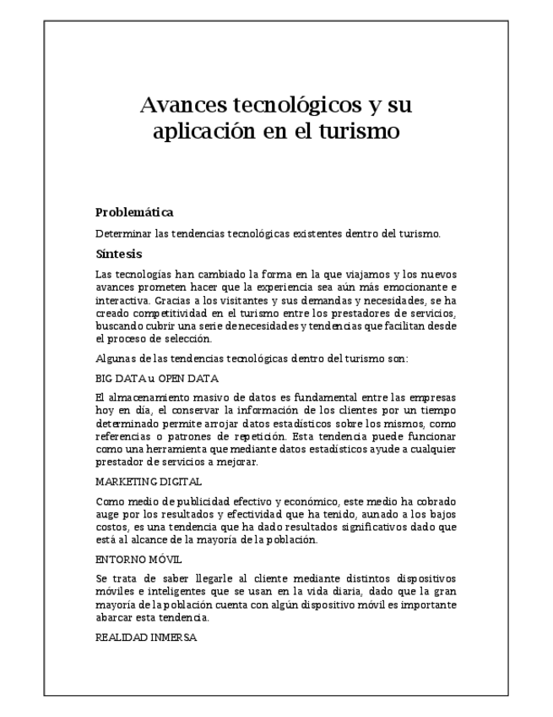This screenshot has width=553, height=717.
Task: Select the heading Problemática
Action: [x=134, y=212]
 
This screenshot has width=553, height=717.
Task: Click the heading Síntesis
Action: [x=118, y=254]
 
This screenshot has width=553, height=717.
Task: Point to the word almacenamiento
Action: [x=146, y=397]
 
